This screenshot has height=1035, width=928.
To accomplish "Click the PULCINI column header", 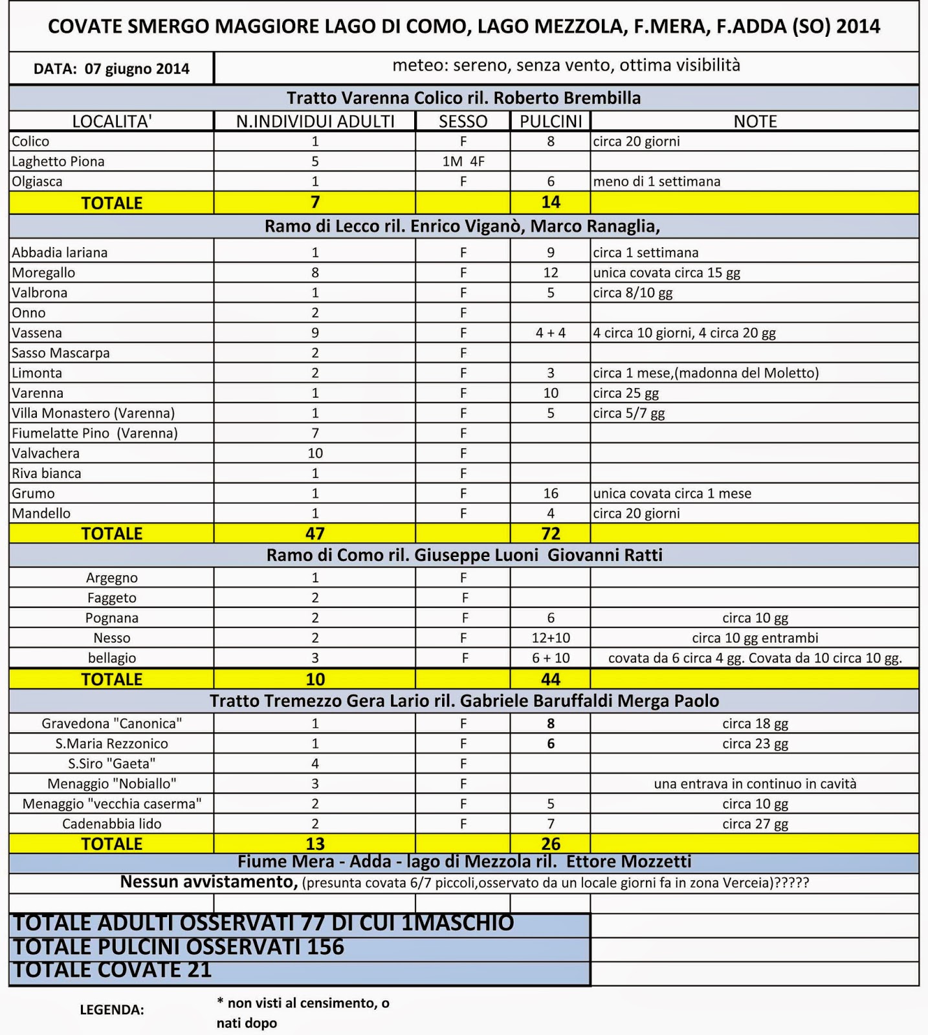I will [x=551, y=121].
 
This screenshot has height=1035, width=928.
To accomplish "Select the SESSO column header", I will [x=463, y=121].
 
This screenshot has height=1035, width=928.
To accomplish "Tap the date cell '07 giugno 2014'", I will [x=111, y=69].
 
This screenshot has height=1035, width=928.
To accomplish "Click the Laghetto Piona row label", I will [x=58, y=161].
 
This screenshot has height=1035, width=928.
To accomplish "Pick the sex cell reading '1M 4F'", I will [x=463, y=161].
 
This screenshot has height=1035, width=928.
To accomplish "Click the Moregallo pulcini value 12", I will [x=551, y=272].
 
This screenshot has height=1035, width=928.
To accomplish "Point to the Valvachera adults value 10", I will [x=315, y=453].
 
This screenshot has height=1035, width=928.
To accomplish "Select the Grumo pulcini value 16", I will [x=551, y=493].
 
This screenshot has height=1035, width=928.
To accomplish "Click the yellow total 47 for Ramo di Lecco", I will [x=315, y=533].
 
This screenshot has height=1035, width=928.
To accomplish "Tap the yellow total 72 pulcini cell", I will [x=551, y=533].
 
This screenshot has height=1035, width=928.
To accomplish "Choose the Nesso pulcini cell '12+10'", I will [x=551, y=638].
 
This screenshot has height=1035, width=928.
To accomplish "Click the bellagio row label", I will [x=112, y=658].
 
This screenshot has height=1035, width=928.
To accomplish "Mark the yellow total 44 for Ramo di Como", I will [x=551, y=679].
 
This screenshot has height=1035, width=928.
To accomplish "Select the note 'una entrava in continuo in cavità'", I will [x=755, y=783].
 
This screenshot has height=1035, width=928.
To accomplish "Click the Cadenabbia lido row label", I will [x=112, y=823].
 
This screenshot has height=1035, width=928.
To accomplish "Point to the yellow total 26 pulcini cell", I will [x=551, y=844].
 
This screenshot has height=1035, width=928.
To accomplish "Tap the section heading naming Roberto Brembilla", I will [x=463, y=98].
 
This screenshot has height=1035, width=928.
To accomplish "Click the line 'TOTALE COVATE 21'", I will [x=113, y=970].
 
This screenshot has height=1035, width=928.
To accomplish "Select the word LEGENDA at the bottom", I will [x=112, y=1010].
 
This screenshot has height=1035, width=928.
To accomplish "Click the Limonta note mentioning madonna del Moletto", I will [x=706, y=373].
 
